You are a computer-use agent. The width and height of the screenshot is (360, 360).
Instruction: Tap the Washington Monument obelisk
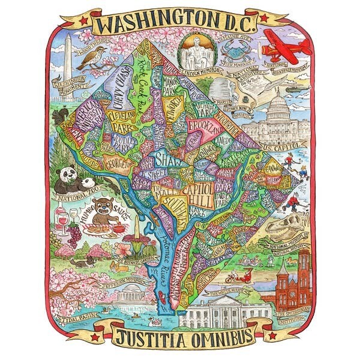point(68,57)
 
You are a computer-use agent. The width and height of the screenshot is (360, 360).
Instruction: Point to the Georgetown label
point(120,164)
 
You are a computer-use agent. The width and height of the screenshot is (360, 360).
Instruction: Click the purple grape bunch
point(74,234)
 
